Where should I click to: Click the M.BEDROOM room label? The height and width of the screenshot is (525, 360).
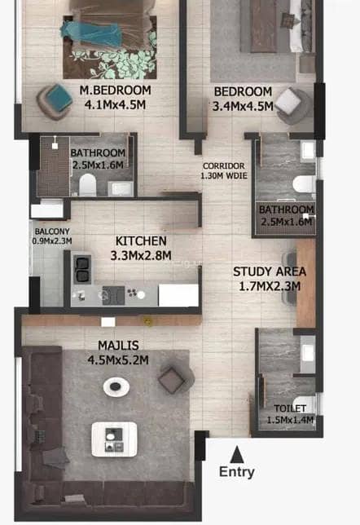coord(115,90)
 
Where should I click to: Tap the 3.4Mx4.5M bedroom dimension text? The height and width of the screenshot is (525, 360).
coord(243,106)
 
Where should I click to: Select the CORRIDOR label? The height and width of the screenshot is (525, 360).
coord(223,165)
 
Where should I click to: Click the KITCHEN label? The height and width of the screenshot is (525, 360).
coord(141,240)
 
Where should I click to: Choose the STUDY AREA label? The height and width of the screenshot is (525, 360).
coord(270,271)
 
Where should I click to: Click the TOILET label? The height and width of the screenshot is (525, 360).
coord(290,408)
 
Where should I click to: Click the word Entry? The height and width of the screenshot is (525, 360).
coord(236,472)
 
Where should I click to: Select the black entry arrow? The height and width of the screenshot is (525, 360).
coord(237,454)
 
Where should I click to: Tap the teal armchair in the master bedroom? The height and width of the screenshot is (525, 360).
coord(55,102)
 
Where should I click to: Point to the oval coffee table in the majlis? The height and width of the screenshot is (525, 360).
coord(116,387)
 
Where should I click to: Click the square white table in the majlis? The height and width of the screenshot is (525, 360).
coord(114,439)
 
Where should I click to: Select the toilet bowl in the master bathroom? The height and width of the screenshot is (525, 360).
coord(88,184)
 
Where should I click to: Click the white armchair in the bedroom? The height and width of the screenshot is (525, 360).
coord(293,106)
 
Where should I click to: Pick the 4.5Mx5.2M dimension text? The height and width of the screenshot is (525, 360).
coord(118,360)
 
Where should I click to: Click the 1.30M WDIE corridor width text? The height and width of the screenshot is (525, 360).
coord(224,175)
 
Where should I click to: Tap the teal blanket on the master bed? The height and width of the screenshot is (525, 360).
coord(93,33)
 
